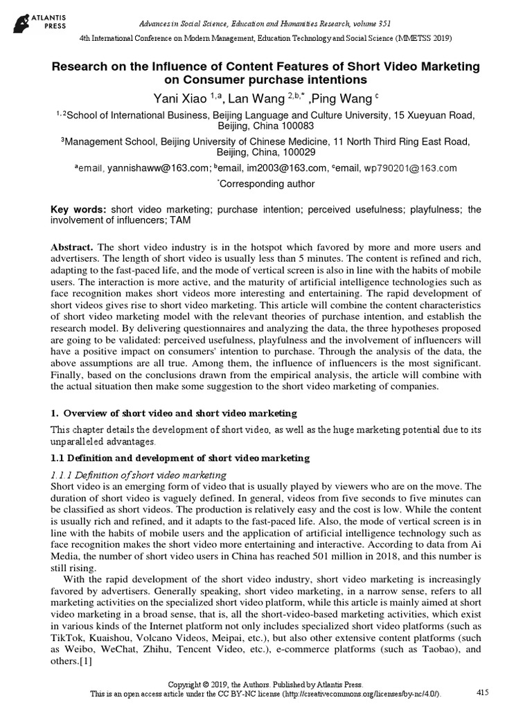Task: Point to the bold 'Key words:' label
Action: [80, 209]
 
